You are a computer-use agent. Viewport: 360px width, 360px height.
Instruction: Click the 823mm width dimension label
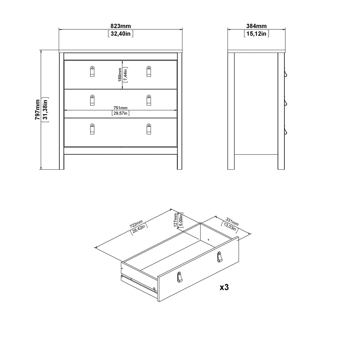pos(120,26)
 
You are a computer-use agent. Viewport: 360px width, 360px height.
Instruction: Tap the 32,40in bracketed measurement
pos(120,34)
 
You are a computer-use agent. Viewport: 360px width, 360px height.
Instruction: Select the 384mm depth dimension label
pos(256,26)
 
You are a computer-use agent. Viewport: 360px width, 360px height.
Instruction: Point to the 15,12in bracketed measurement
pos(256,34)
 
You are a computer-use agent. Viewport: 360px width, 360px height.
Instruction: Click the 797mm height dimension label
pos(38,109)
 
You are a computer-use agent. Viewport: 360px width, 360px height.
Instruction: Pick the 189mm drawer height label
pos(119,75)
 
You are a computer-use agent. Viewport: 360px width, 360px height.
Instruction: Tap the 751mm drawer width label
pos(120,108)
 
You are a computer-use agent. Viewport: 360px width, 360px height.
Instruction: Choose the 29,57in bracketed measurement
pos(120,113)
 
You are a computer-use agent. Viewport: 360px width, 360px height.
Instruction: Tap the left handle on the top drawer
pos(92,71)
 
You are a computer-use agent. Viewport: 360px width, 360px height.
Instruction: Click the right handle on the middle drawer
pos(149,100)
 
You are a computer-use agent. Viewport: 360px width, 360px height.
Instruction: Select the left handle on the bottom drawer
pos(92,129)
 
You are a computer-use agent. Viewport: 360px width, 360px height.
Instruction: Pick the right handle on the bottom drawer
pos(149,129)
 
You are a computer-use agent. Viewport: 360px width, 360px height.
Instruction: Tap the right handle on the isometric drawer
pos(219,257)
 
